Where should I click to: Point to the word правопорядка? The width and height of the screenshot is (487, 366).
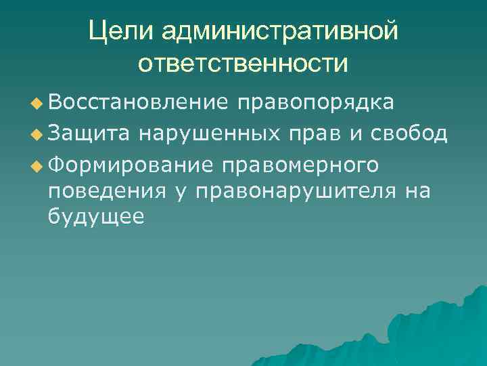coord(315,104)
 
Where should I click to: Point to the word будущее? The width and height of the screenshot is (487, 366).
coord(96,218)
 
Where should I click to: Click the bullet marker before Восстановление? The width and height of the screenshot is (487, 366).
coord(37,104)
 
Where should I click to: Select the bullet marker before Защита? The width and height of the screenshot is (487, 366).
coord(37,134)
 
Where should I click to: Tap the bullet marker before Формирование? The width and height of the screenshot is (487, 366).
coord(37,163)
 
